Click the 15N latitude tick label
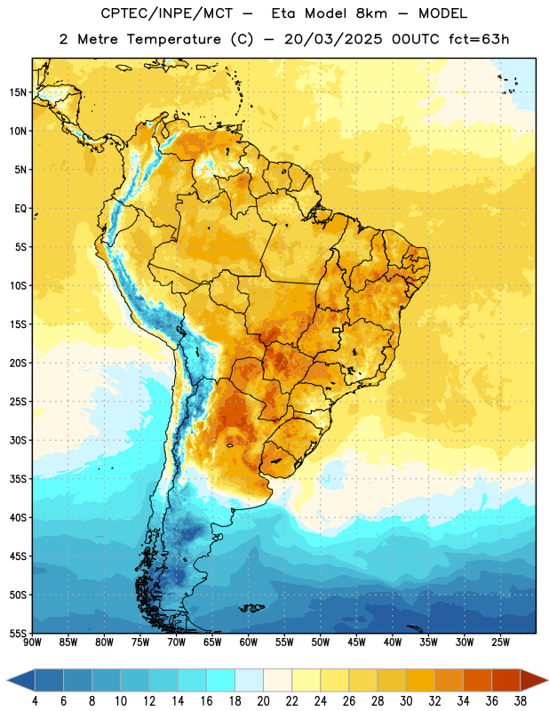[18, 92]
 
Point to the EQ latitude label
[20, 209]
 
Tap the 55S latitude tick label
[18, 633]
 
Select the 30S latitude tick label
[18, 440]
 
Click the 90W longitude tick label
[33, 642]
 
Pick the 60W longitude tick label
[249, 642]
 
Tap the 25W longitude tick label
[500, 642]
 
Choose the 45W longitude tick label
[356, 642]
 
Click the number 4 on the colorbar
[35, 701]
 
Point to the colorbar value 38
[521, 701]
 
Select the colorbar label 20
[263, 701]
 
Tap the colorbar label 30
[406, 701]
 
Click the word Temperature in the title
[173, 39]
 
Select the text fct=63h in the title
[479, 39]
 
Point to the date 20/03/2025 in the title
[333, 39]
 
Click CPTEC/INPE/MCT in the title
[167, 13]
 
